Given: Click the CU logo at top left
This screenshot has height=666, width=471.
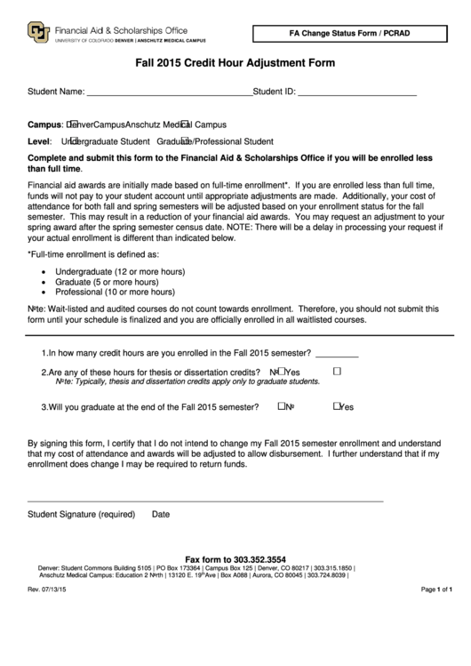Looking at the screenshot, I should [39, 33].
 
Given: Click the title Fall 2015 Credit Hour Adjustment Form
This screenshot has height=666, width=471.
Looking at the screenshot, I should [235, 63].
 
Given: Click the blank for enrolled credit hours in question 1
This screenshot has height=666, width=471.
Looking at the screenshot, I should [337, 353].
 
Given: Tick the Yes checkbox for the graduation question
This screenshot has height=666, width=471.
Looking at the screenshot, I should [338, 405].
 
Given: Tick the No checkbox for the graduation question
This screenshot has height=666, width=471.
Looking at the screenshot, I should [280, 405].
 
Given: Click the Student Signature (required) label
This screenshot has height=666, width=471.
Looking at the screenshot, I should [81, 514].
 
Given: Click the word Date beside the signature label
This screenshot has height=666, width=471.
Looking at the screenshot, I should [161, 514].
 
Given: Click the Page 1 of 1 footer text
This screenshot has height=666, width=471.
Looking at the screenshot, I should [436, 589].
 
